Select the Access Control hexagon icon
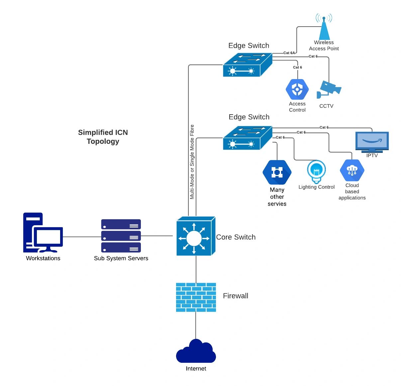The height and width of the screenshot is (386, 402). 297,89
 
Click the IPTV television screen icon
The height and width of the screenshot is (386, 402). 372,142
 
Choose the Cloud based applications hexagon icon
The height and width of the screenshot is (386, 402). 352,171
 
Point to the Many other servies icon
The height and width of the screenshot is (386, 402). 277,172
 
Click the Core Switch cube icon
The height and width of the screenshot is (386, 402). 196,237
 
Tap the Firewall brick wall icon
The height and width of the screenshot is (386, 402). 196,297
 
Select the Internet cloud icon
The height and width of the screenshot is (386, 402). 196,352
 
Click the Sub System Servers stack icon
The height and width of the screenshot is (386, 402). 121,236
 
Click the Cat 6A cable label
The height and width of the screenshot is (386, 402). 289,53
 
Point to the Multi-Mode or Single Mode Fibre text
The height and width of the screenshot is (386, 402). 192,162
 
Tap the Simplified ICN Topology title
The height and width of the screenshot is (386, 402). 103,137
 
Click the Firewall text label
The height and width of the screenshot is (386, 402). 236,296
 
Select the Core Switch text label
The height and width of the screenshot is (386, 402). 236,237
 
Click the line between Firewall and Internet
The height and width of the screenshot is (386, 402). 196,326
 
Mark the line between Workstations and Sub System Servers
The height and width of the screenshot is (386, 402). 82,237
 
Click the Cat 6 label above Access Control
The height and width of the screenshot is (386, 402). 297,67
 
